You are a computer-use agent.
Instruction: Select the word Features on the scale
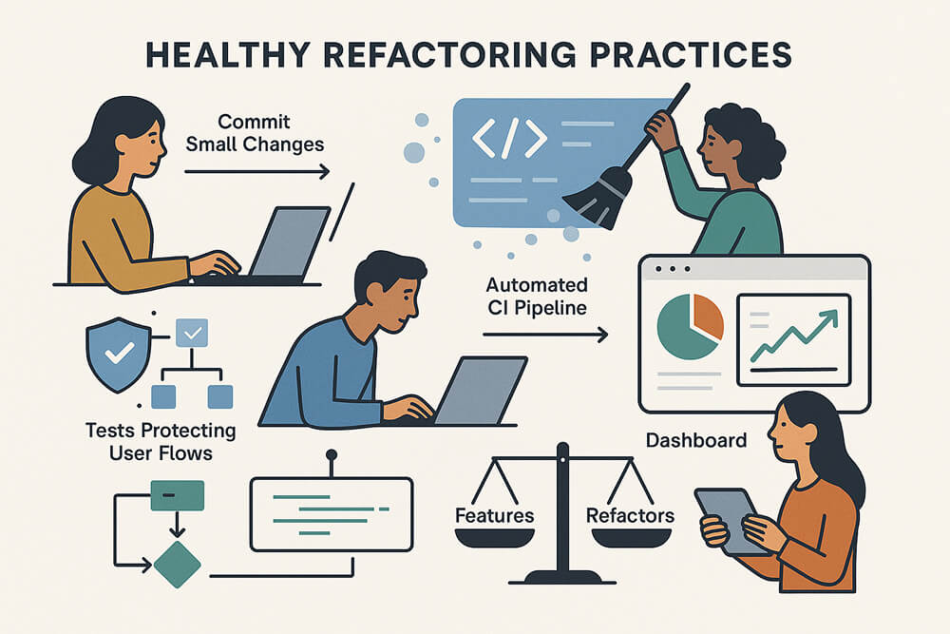(494, 516)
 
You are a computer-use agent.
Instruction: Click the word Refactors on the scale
(630, 516)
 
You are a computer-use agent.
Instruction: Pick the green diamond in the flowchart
(177, 564)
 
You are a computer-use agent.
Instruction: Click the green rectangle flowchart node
(178, 495)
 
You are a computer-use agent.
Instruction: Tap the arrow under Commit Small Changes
(256, 172)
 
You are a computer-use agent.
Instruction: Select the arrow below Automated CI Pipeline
(544, 334)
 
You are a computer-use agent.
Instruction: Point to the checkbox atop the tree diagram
(193, 334)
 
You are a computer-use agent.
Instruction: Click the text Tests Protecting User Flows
(159, 442)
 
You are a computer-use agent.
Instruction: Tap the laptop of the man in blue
(477, 389)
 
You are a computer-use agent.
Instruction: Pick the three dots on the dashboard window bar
(674, 269)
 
